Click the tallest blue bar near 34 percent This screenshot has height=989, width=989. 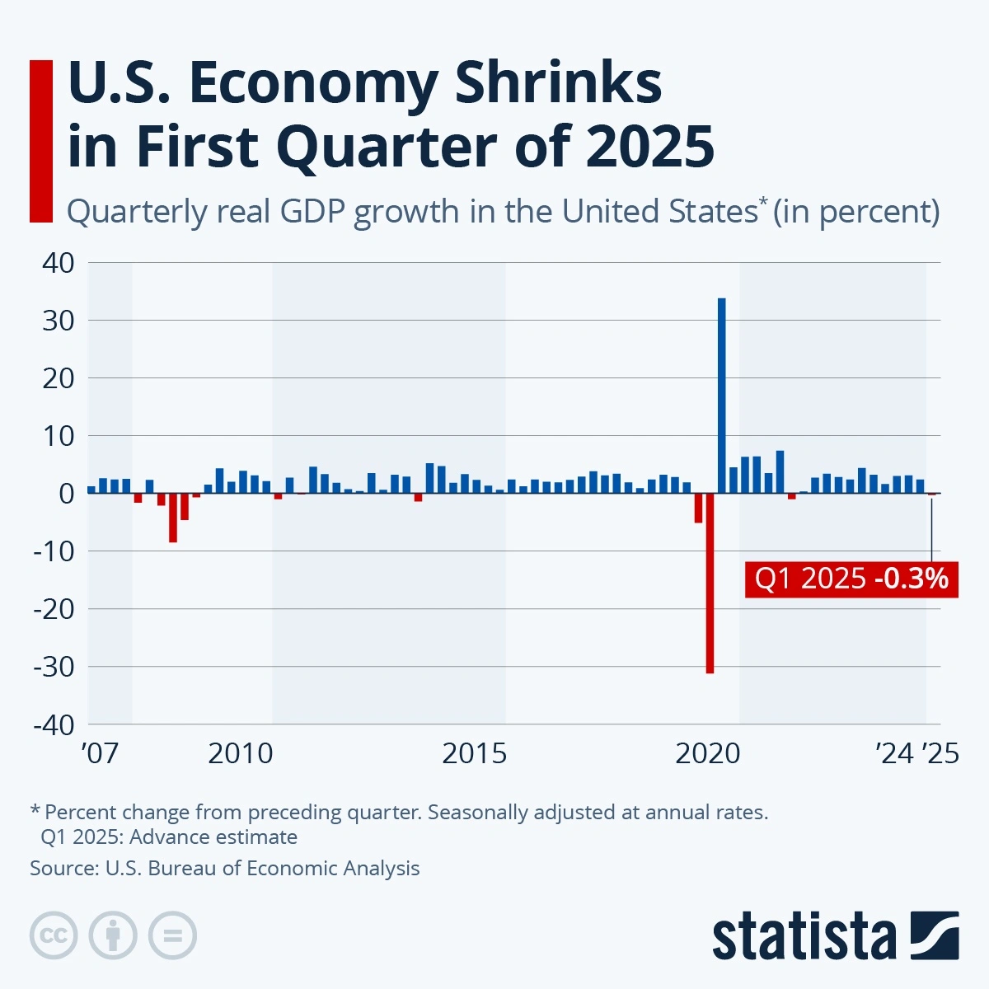(x=722, y=396)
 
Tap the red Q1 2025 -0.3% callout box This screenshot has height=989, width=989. (x=851, y=579)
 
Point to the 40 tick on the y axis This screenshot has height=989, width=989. (x=57, y=263)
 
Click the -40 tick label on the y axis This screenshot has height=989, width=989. (x=54, y=724)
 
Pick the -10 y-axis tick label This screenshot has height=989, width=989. (x=54, y=551)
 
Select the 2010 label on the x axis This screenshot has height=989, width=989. (x=240, y=753)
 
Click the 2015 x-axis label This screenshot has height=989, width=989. (x=474, y=753)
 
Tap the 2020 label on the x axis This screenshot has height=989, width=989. (x=708, y=753)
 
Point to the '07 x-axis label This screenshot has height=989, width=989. (x=100, y=753)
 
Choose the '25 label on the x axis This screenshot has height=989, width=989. (x=940, y=753)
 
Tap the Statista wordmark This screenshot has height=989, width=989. (x=804, y=937)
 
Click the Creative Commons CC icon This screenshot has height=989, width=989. (x=54, y=935)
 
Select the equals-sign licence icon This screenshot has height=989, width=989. (x=172, y=935)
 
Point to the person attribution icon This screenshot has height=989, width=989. (x=113, y=935)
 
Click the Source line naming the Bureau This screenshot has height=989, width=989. (x=225, y=868)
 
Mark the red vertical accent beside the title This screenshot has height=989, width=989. (x=40, y=141)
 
